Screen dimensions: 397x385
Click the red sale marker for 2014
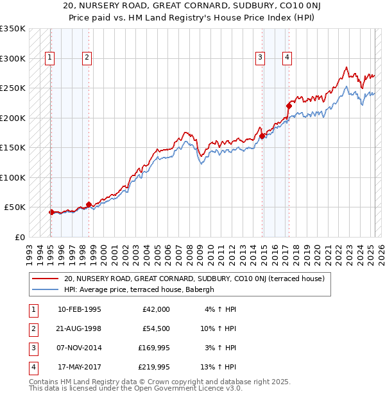(x=262, y=136)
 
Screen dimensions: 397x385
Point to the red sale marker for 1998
(x=89, y=205)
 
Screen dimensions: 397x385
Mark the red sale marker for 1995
(x=51, y=212)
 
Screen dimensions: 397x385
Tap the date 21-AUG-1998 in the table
(x=80, y=330)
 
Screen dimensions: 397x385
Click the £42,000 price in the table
(x=155, y=309)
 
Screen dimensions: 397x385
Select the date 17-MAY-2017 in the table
(x=80, y=367)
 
